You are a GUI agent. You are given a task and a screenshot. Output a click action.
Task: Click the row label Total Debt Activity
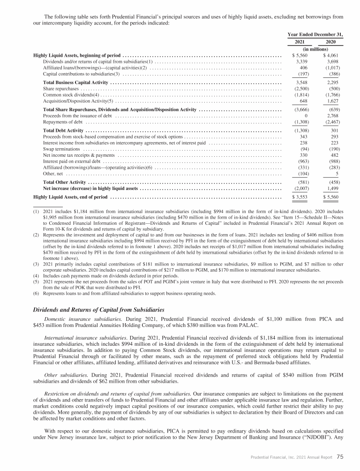point(63,130)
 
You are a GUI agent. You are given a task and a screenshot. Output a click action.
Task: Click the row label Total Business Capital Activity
point(76,82)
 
